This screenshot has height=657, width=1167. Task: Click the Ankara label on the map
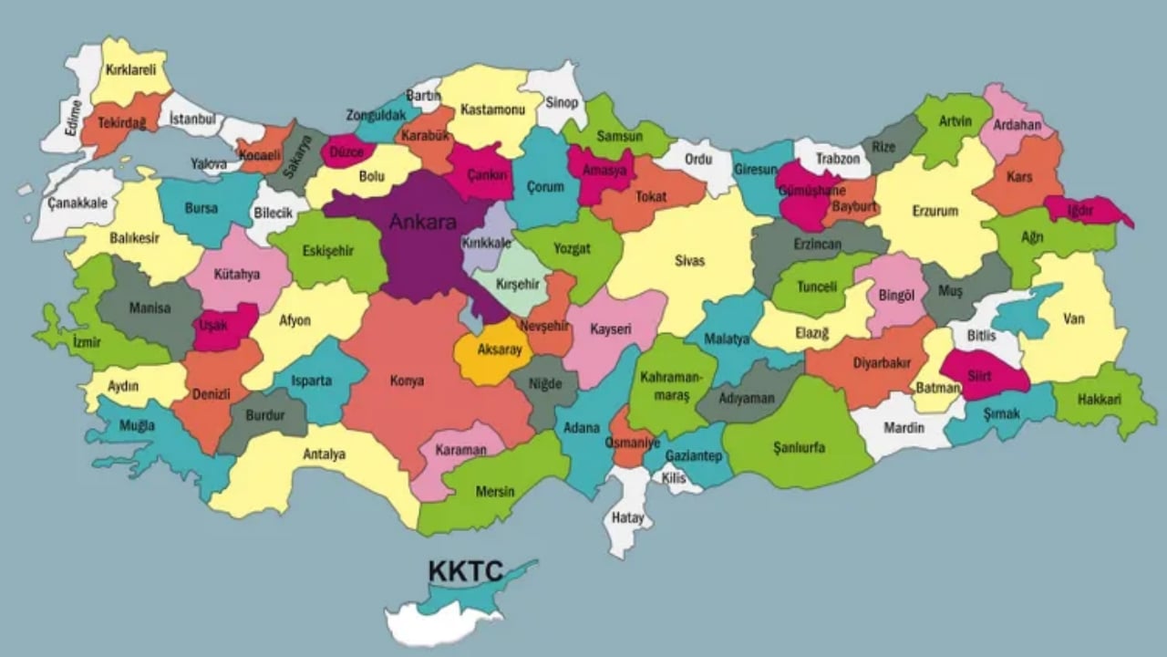422,221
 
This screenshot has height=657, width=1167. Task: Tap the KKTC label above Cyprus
465,571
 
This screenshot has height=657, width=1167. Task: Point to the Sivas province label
689,261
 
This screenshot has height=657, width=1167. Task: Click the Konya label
407,381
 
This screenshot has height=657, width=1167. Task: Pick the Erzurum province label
935,212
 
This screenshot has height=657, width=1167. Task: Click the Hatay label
627,518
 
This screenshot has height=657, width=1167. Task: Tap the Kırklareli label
131,69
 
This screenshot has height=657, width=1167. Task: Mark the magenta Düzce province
347,151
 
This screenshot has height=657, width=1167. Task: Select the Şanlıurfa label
799,448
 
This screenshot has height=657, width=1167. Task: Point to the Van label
1073,319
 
